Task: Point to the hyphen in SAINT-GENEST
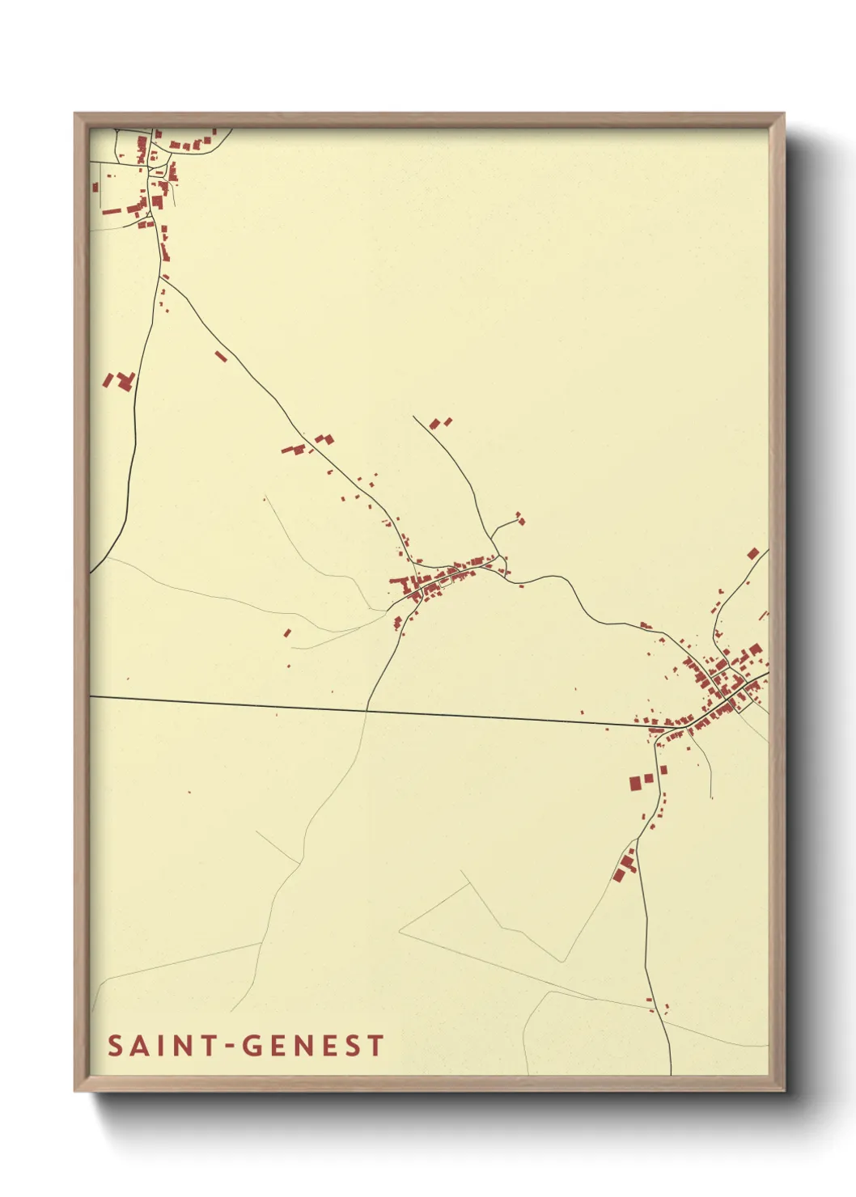[x=230, y=1047]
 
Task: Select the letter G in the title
[x=252, y=1046]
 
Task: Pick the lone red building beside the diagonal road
[x=221, y=356]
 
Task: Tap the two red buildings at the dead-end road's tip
[x=439, y=422]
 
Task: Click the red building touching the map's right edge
[x=753, y=554]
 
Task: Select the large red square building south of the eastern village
[x=635, y=783]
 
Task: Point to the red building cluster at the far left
[x=119, y=380]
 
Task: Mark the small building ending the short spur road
[x=520, y=520]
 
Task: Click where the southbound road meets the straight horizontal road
[x=367, y=710]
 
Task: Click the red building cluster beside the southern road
[x=624, y=868]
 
